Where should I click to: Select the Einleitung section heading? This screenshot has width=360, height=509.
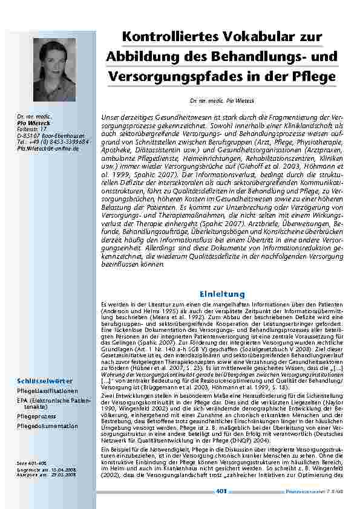pos(220,293)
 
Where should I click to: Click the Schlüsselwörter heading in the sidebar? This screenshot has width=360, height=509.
pos(45,364)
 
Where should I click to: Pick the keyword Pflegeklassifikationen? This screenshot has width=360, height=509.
pos(47,374)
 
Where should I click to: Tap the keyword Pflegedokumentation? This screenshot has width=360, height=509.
pos(47,426)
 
